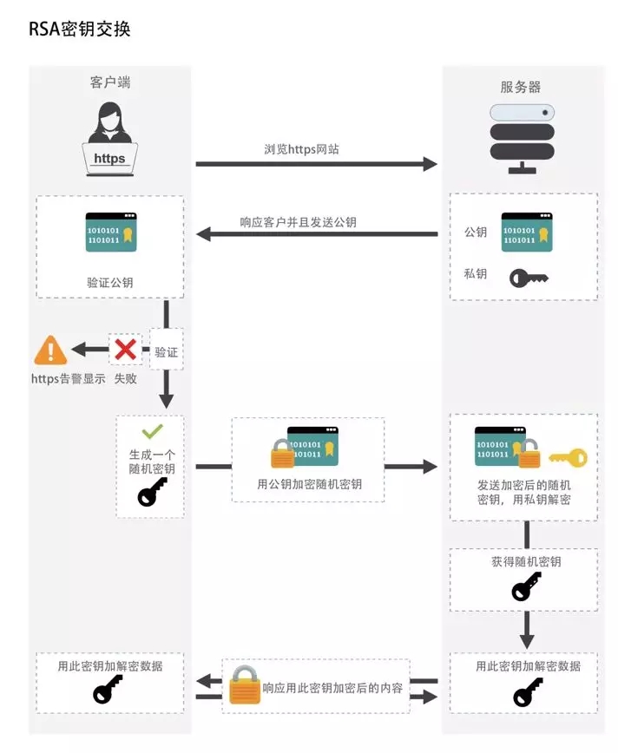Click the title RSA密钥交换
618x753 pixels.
(80, 29)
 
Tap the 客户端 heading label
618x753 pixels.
(110, 83)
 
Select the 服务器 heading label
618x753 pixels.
(521, 87)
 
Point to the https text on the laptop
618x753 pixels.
(109, 159)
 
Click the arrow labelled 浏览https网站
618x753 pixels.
(316, 163)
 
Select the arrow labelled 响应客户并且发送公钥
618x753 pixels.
(316, 234)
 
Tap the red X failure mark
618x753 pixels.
(126, 350)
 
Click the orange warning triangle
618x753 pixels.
(50, 350)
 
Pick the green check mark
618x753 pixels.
(152, 431)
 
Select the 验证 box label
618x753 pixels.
(166, 353)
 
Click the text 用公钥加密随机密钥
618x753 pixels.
(309, 484)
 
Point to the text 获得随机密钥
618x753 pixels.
(526, 561)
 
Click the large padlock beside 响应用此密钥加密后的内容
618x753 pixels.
(245, 685)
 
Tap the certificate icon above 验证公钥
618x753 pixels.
(110, 232)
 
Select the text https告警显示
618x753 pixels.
(69, 379)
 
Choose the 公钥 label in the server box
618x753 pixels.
(476, 232)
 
